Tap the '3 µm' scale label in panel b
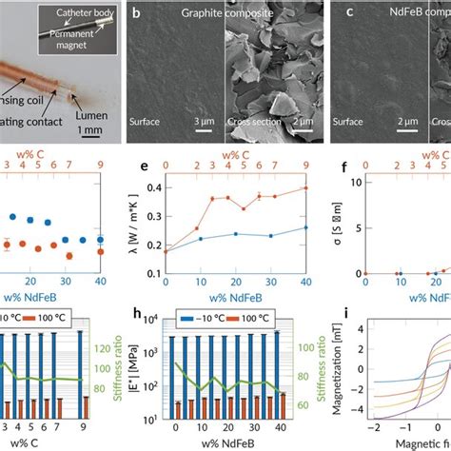[x=204, y=122]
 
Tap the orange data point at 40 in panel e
[x=304, y=187]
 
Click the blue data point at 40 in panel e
[x=304, y=227]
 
